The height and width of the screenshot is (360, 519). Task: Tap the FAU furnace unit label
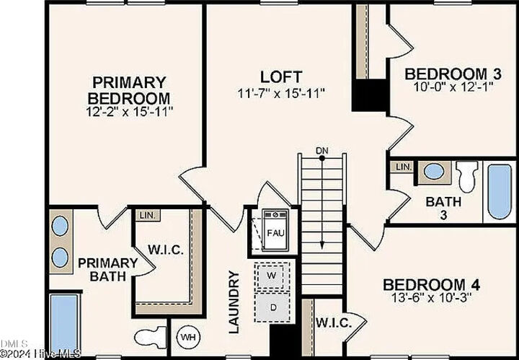275,233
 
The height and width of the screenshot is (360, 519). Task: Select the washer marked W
272,276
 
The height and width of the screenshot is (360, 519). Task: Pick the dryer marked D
273,307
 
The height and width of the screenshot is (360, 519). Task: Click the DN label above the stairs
321,151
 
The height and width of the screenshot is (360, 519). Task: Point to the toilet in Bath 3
466,176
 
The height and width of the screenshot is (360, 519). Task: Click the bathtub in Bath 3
500,191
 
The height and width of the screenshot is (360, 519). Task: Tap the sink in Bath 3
434,172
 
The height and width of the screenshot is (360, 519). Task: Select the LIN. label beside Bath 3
404,167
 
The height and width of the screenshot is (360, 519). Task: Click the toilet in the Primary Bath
151,337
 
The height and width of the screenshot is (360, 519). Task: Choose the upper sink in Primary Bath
60,226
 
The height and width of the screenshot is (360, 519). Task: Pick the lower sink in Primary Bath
60,258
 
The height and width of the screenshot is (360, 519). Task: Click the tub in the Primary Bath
64,325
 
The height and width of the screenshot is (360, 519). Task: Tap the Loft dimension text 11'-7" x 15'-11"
281,94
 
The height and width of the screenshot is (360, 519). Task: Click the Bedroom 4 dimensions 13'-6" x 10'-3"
431,298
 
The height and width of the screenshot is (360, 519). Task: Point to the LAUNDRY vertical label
234,302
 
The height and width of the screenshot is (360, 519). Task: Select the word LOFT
281,77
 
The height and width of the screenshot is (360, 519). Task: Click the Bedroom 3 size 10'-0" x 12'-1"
453,87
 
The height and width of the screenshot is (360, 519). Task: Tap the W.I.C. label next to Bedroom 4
334,323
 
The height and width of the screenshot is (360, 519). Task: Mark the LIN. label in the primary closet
147,216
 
